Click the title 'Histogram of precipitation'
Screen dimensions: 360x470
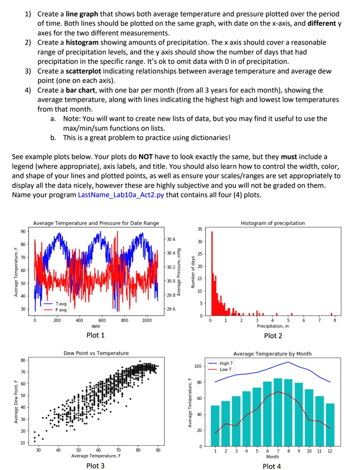coord(273,223)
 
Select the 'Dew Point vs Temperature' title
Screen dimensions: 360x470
coord(96,353)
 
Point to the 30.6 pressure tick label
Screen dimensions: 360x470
coord(171,239)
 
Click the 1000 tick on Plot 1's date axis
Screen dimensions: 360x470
coord(146,320)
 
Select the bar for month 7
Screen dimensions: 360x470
coord(278,412)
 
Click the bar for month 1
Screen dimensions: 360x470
coord(215,425)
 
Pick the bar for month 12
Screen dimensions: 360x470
coord(330,425)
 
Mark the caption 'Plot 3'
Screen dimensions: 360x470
coord(96,465)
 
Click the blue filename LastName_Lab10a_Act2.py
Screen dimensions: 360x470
coord(121,195)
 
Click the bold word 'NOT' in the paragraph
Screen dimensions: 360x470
coord(146,157)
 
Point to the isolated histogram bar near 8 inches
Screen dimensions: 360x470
coord(332,314)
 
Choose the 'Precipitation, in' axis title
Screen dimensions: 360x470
coord(273,326)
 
